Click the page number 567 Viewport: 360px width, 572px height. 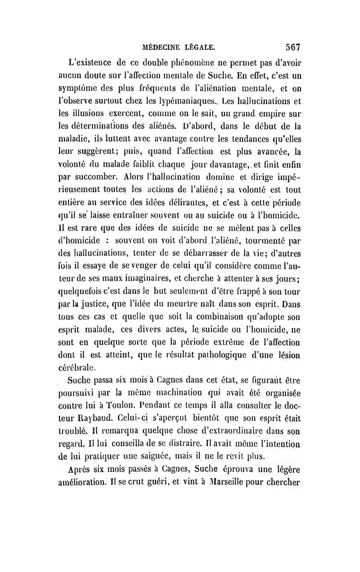click(x=292, y=46)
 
